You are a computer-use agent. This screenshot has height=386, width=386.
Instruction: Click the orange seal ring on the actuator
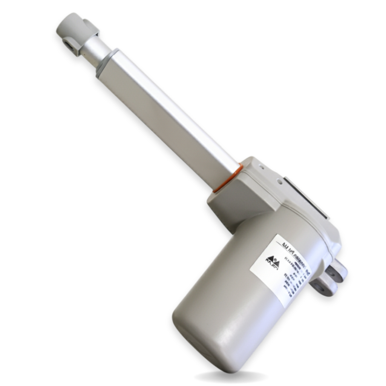pos(227,178)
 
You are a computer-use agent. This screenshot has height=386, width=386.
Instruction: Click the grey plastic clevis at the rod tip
pos(75,32)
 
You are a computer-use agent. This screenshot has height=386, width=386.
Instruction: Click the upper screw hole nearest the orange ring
pos(260,166)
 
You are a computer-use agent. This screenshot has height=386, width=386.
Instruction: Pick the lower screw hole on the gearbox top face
pos(279,182)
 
